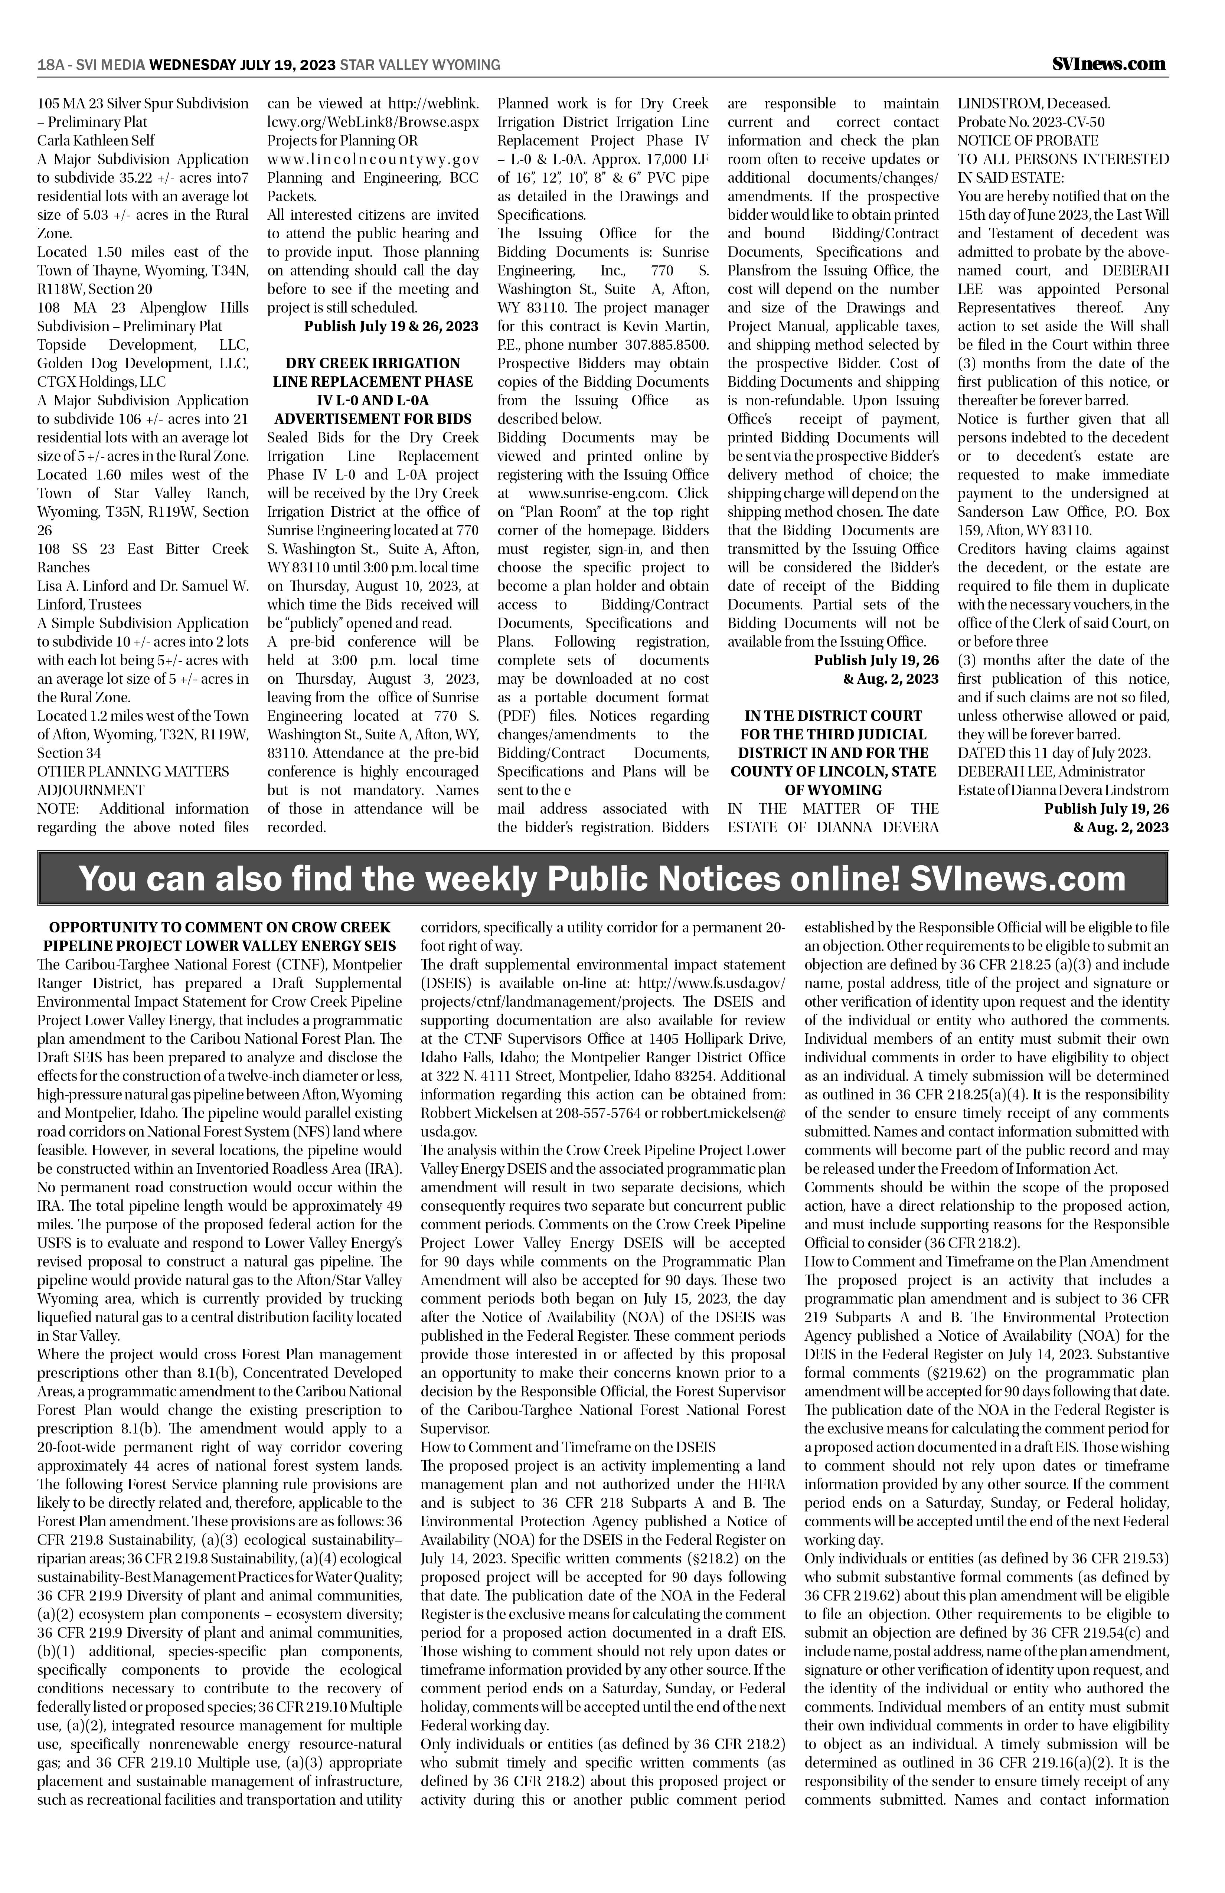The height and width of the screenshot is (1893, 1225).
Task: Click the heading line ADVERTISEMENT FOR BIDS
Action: tap(373, 418)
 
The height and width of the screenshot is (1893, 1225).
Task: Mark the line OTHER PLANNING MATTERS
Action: tap(133, 772)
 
